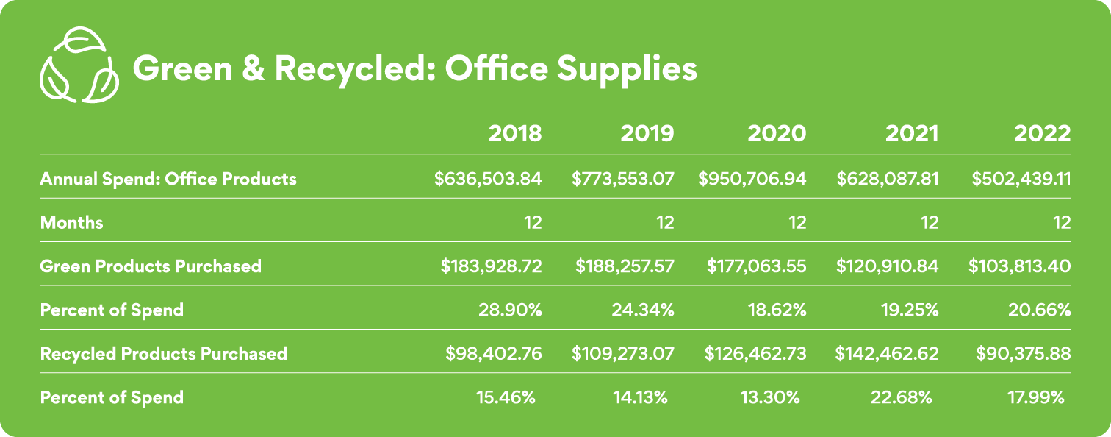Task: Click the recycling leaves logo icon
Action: coord(77,66)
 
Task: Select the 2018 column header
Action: coord(515,134)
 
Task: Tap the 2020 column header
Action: coord(777,134)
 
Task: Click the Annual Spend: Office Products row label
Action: coord(168,179)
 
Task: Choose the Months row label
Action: coord(71,222)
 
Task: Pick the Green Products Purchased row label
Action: coord(151,266)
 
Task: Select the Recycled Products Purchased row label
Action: coord(163,353)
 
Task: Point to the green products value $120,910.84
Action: coord(887,266)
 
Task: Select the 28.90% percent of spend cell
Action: coord(511,310)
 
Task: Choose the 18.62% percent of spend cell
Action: coord(775,310)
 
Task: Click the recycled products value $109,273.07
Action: coord(623,353)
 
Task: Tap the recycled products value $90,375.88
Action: coord(1023,353)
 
